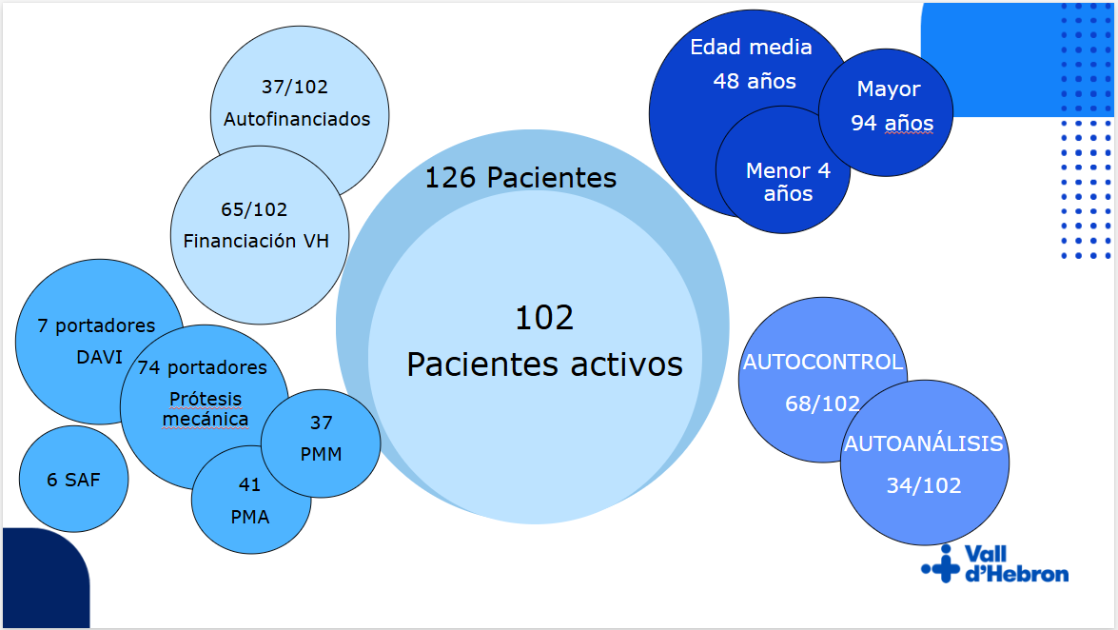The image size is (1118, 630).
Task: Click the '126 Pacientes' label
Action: tap(520, 178)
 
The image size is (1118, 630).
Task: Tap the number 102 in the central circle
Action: tap(544, 318)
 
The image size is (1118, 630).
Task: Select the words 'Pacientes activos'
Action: tap(545, 364)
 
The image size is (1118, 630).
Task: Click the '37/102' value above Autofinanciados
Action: tap(294, 87)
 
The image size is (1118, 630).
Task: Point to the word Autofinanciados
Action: tap(297, 119)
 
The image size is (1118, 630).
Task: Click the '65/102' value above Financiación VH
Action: tap(254, 209)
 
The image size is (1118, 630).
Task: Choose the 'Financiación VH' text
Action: tap(256, 241)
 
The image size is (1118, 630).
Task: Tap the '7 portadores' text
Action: tap(96, 326)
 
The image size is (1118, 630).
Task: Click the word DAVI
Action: tap(99, 357)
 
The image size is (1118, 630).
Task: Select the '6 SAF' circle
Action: tap(73, 479)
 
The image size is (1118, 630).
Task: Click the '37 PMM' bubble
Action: tap(321, 443)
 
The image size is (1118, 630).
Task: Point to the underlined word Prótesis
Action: tap(206, 399)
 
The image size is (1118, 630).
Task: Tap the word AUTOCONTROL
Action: tap(823, 363)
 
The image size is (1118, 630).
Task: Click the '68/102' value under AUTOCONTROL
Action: tap(822, 404)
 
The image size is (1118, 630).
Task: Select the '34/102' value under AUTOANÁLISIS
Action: tap(923, 486)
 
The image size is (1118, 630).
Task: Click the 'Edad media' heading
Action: tap(751, 47)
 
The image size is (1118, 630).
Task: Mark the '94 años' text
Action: tap(892, 124)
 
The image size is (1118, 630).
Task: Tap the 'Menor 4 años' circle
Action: tap(783, 169)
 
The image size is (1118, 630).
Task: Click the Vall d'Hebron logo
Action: tap(995, 563)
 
